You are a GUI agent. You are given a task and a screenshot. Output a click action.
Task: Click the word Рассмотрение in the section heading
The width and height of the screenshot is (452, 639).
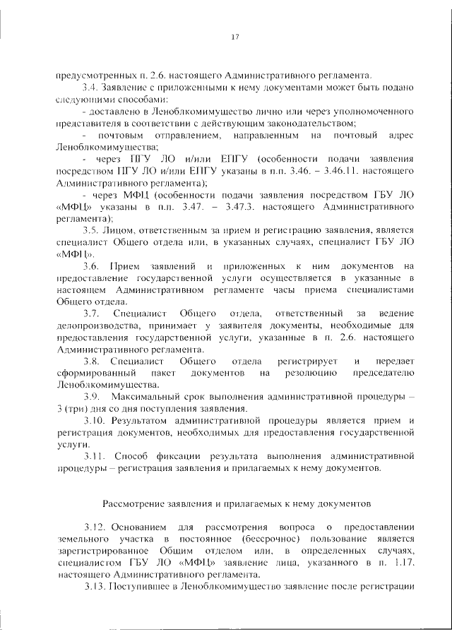click(x=134, y=505)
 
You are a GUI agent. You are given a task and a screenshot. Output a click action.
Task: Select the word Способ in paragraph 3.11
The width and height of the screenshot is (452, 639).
click(x=132, y=456)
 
